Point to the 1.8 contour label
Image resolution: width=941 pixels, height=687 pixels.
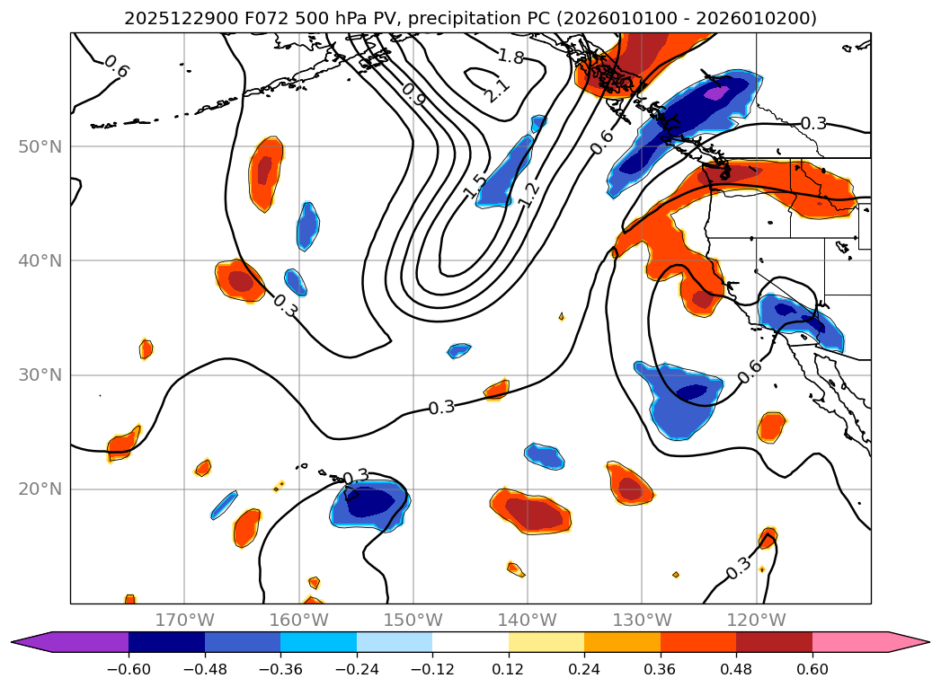[x=510, y=57]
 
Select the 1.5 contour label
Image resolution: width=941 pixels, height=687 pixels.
[x=475, y=186]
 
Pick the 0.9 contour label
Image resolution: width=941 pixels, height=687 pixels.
[x=413, y=94]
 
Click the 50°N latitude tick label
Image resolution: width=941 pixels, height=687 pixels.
[x=40, y=147]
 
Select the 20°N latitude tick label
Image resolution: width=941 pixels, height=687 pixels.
[x=40, y=489]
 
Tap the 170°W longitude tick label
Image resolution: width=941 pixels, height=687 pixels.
[x=184, y=621]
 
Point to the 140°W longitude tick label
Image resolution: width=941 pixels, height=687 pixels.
[x=527, y=621]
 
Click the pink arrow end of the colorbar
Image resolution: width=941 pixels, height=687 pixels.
[x=909, y=642]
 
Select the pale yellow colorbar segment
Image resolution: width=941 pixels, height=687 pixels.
[x=546, y=642]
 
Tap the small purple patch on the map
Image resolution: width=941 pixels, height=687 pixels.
[x=716, y=92]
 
